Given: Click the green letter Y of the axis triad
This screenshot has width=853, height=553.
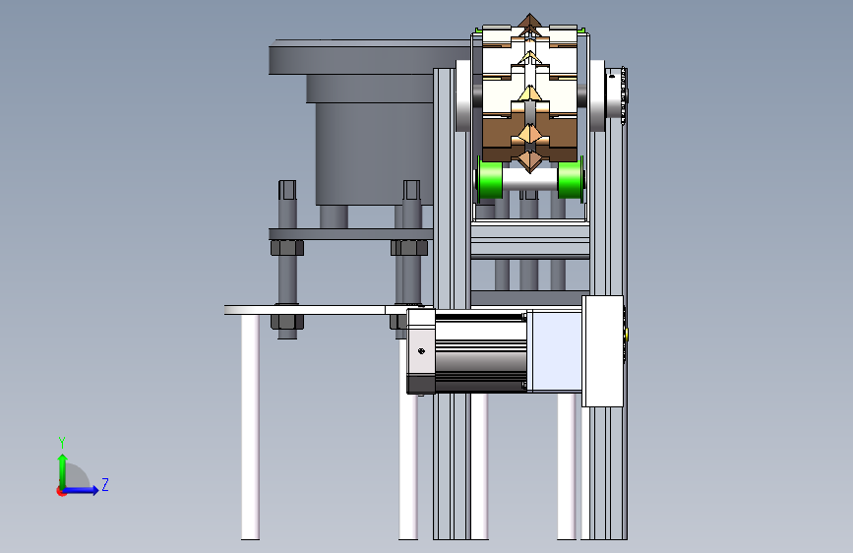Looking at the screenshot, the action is [62, 442].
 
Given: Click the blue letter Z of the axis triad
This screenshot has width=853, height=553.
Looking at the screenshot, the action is [105, 484].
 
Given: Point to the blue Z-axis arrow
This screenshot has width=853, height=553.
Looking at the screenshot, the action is [82, 490].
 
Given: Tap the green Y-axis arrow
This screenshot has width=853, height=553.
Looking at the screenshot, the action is [63, 471].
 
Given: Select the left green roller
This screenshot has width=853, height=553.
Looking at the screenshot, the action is [489, 178].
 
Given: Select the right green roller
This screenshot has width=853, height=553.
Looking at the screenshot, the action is [571, 178].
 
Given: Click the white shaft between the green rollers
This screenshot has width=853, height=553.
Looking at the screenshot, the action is [530, 179].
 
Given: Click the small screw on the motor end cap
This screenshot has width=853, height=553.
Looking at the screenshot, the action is [421, 351].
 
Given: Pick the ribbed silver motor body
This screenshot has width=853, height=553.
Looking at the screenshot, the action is [480, 352].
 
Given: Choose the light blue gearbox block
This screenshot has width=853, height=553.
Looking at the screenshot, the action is [557, 351].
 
